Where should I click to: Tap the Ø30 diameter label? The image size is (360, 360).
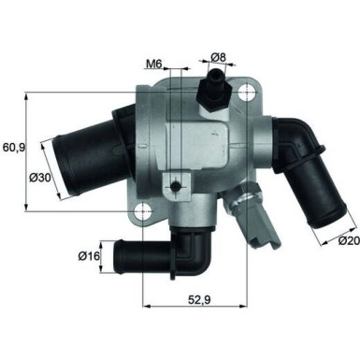pos(40,177)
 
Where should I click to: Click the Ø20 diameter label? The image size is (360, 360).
pos(346,241)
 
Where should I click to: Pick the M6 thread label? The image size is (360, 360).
pos(154,65)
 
